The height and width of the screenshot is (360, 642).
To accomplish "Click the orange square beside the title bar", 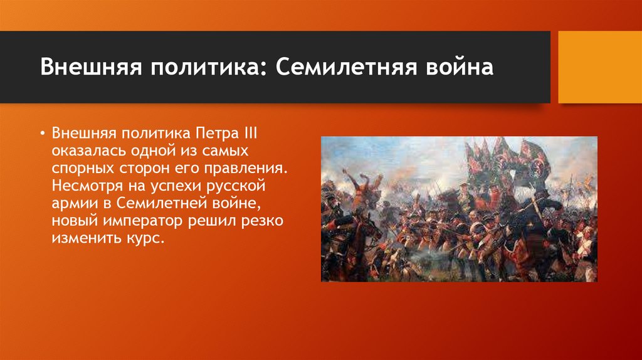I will (x=600, y=67).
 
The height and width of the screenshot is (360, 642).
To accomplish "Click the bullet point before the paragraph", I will (x=42, y=134).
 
